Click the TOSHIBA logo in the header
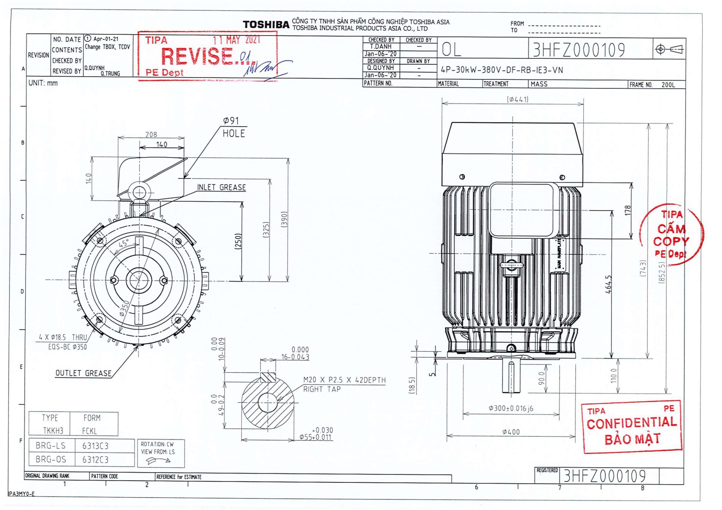(266, 25)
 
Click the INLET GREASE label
(221, 187)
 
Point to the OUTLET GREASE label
(83, 373)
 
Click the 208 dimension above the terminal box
(151, 134)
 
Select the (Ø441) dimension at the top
(517, 99)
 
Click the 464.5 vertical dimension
(608, 284)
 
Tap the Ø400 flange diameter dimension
(511, 432)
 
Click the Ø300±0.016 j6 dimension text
(511, 409)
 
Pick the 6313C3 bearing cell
(95, 446)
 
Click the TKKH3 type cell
(53, 431)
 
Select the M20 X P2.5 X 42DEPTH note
(344, 380)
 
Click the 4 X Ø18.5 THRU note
(63, 337)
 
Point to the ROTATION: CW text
(157, 444)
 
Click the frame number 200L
(668, 85)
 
